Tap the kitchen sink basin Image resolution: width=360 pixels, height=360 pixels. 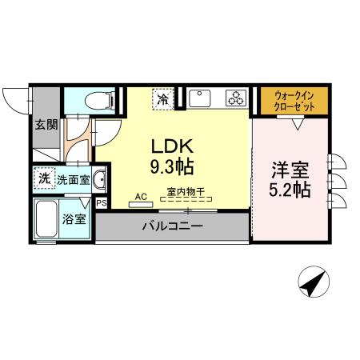199,99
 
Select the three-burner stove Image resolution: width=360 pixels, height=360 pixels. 236,99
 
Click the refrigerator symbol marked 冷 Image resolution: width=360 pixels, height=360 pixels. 163,100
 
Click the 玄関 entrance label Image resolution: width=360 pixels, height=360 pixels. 46,125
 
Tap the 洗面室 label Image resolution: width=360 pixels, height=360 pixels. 72,179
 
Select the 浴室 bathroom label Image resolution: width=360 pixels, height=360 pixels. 74,218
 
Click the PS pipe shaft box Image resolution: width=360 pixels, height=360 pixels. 101,203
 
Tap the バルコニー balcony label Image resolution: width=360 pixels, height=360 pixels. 172,226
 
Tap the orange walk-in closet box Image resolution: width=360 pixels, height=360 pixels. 293,100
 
